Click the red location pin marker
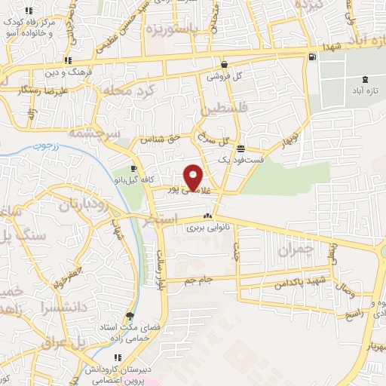point(194,176)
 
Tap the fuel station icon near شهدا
point(311,57)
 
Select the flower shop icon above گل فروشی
point(225,65)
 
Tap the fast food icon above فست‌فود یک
point(240,149)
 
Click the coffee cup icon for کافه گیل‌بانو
point(133,168)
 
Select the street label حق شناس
point(154,139)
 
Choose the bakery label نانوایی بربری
point(207,226)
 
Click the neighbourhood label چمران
point(294,251)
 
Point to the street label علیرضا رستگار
point(44,89)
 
